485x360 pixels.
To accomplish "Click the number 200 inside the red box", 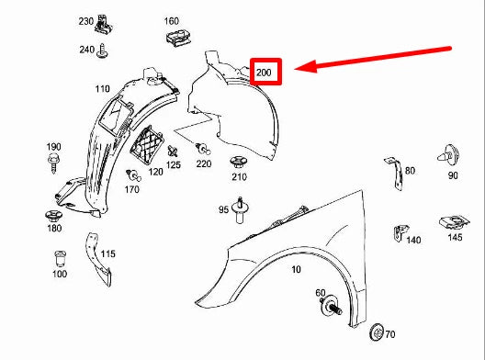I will (265, 71).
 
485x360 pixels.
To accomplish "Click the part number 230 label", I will (86, 20).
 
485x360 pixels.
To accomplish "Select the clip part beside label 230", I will (109, 21).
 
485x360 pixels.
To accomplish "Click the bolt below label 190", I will (53, 164).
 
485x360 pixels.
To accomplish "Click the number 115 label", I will (107, 253).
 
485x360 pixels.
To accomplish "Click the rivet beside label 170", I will (134, 174).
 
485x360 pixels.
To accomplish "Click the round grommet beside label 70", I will (375, 332).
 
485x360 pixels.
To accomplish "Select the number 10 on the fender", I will (296, 269).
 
